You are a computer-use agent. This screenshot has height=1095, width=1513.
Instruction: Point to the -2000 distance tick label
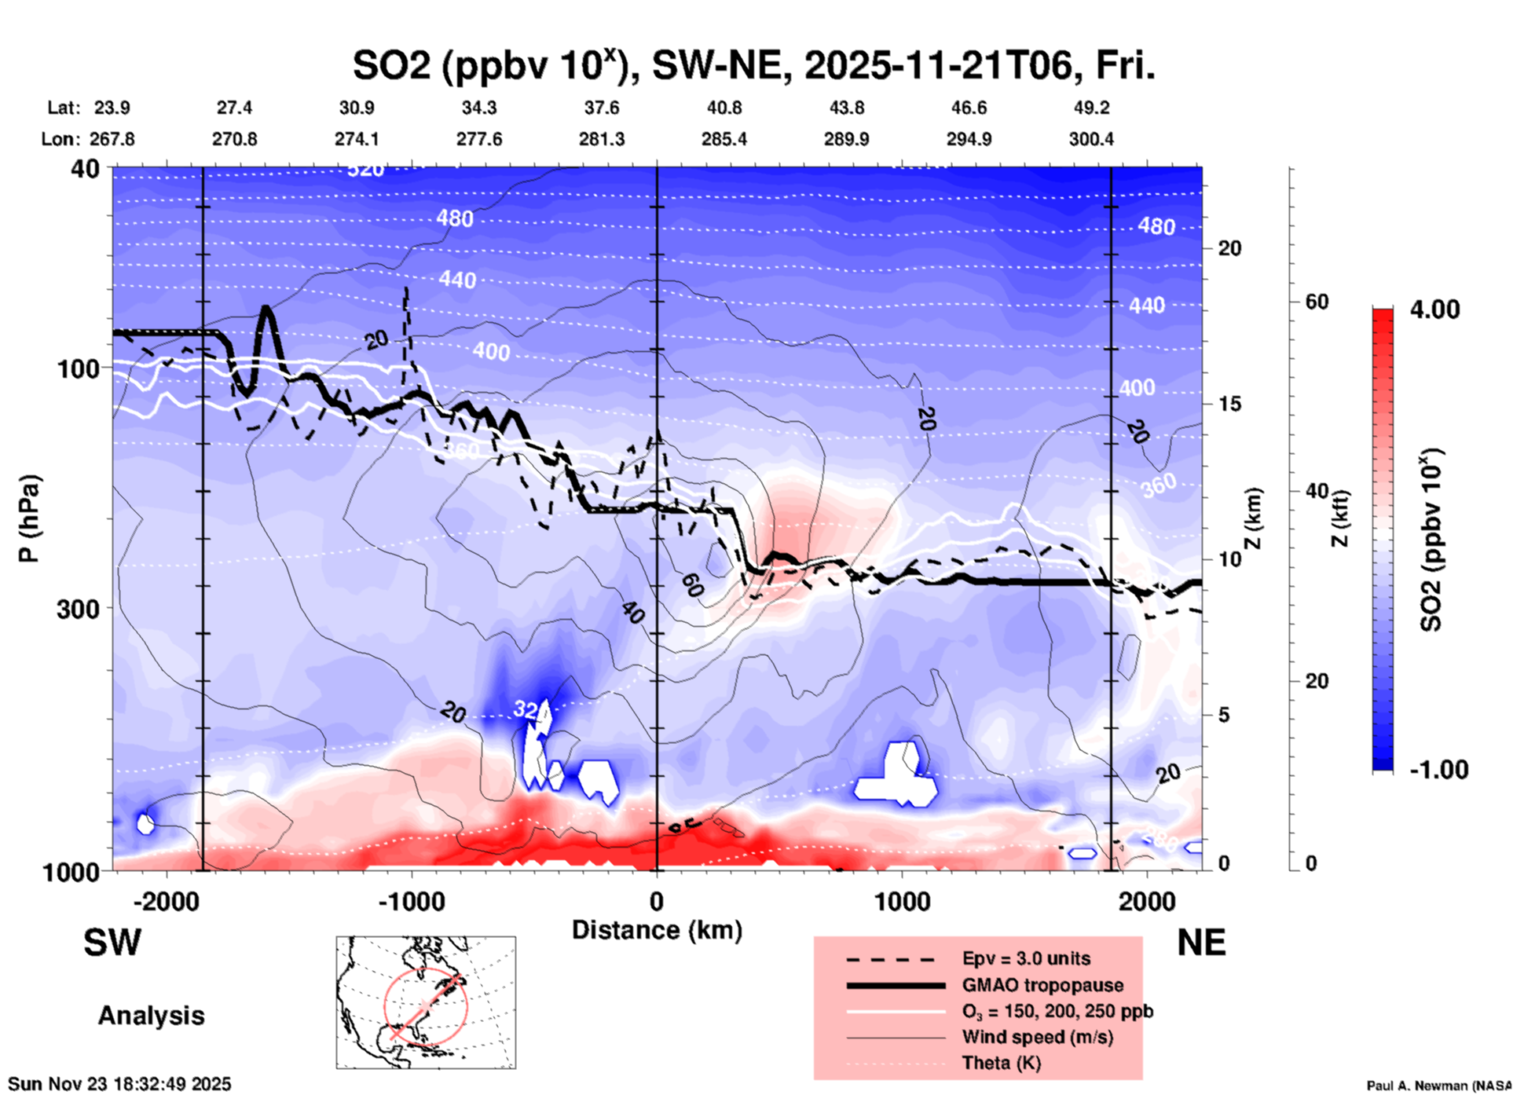[x=166, y=901]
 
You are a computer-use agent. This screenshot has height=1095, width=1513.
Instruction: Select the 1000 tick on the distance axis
[x=902, y=901]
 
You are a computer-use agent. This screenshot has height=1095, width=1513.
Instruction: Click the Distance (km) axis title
[x=657, y=930]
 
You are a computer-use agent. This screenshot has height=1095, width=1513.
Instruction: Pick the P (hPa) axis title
[x=29, y=518]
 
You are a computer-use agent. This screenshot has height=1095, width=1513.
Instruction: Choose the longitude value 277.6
[x=478, y=139]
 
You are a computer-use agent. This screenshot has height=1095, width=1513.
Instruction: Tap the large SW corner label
[x=112, y=943]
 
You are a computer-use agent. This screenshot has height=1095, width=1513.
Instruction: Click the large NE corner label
[x=1201, y=943]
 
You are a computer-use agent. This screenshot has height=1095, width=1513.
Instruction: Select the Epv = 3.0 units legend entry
[x=1025, y=959]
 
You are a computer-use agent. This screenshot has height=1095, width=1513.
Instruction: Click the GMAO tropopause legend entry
[x=1042, y=985]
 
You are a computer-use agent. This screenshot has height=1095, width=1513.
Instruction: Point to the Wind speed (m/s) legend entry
[x=1037, y=1038]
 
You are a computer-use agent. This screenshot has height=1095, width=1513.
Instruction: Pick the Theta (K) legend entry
[x=1001, y=1064]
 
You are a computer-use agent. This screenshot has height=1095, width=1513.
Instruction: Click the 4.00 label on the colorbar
[x=1434, y=309]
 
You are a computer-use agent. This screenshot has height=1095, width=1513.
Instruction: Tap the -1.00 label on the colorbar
[x=1438, y=770]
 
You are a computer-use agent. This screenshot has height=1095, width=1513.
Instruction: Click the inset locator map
[x=426, y=1002]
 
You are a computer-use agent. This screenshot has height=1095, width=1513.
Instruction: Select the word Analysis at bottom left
[x=151, y=1016]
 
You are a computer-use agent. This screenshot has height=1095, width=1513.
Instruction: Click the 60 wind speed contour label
[x=692, y=585]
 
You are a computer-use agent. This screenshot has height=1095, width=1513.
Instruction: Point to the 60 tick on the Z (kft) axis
[x=1317, y=302]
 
